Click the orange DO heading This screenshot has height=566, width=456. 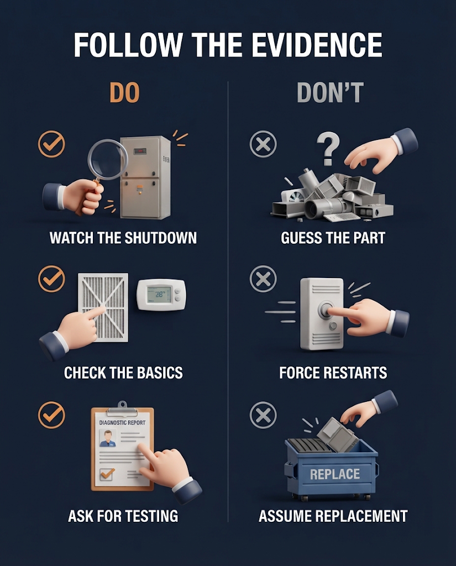point(124,92)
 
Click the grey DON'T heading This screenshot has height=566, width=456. point(330,92)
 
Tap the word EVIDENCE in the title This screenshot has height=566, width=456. point(317,45)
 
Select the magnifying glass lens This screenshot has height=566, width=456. point(108,159)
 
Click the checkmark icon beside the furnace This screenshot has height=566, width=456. point(51,144)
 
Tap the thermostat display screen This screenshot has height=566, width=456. point(159,294)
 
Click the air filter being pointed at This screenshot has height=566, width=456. point(103,307)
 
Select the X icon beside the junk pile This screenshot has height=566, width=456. point(263,144)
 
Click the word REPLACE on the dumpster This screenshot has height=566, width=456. point(335,474)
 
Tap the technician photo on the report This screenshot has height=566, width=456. point(108,438)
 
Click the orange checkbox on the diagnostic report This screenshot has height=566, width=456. point(107,474)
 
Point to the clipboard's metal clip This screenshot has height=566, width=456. point(122,408)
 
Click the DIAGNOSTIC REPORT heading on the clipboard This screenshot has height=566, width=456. point(122,422)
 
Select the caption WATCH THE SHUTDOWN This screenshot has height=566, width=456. point(123,238)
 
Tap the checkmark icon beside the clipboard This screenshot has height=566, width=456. point(51,415)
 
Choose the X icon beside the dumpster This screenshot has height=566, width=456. point(263,415)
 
